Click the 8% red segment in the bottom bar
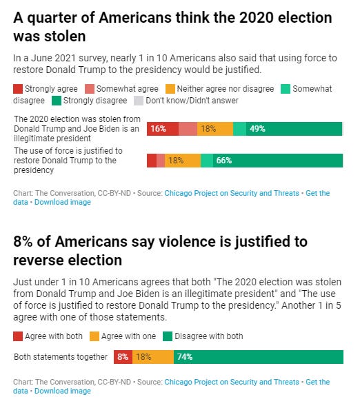pyautogui.click(x=122, y=357)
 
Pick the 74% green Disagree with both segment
pyautogui.click(x=258, y=357)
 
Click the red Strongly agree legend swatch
pyautogui.click(x=18, y=89)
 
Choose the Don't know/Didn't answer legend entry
pyautogui.click(x=196, y=101)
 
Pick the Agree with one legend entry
pyautogui.click(x=129, y=336)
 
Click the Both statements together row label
pyautogui.click(x=61, y=357)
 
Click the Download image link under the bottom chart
pyautogui.click(x=62, y=391)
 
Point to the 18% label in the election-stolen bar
pyautogui.click(x=208, y=128)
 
